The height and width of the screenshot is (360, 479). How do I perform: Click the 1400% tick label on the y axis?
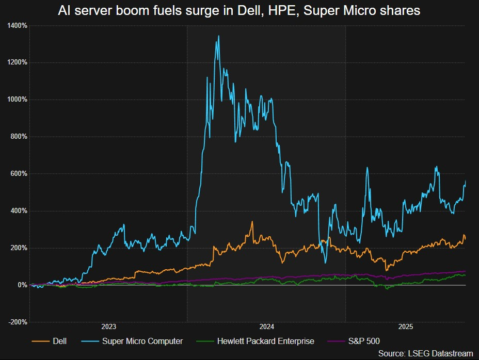pyautogui.click(x=18, y=25)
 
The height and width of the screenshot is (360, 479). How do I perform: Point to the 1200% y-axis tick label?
pyautogui.click(x=18, y=62)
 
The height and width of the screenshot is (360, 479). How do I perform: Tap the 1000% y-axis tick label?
pyautogui.click(x=18, y=100)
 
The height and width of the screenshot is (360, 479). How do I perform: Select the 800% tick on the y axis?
pyautogui.click(x=19, y=137)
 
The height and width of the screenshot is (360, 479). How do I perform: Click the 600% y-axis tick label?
pyautogui.click(x=19, y=174)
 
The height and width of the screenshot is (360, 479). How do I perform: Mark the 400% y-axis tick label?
pyautogui.click(x=19, y=211)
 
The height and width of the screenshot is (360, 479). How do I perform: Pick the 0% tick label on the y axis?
pyautogui.click(x=22, y=285)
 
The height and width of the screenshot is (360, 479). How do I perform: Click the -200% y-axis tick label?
pyautogui.click(x=18, y=322)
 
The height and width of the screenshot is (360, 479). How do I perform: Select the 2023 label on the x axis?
pyautogui.click(x=108, y=327)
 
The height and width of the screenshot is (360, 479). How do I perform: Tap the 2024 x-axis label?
pyautogui.click(x=267, y=327)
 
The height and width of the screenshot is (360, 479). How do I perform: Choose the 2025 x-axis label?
pyautogui.click(x=406, y=327)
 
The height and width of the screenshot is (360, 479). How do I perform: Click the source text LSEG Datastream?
pyautogui.click(x=425, y=353)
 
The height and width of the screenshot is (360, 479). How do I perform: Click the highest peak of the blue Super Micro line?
pyautogui.click(x=219, y=36)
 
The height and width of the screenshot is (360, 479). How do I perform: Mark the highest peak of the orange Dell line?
pyautogui.click(x=252, y=222)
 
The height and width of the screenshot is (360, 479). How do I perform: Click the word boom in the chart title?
pyautogui.click(x=129, y=10)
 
